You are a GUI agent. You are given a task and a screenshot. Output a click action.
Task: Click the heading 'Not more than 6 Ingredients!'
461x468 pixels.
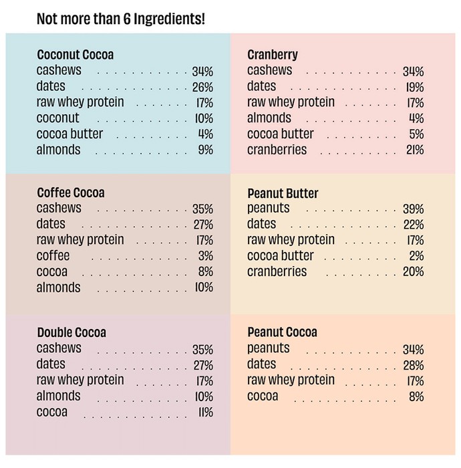point(121,19)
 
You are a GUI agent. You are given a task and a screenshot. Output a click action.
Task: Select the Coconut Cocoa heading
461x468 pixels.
point(75,55)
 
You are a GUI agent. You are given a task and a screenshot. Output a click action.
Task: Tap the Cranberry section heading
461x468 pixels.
point(273,55)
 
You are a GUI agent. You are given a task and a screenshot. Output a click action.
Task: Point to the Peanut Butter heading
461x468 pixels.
point(283,193)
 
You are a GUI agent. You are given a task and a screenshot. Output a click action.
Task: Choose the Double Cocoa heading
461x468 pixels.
point(71,332)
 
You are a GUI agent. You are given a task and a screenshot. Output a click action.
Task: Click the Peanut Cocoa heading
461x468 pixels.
point(282,332)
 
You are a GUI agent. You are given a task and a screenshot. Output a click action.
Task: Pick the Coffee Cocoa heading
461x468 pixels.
point(71,193)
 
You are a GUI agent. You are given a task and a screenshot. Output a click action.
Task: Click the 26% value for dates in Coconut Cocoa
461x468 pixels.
point(202,88)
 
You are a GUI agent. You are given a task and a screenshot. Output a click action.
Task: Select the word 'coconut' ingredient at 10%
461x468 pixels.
point(58,118)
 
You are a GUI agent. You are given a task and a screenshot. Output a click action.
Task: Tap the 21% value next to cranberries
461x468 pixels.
point(415,150)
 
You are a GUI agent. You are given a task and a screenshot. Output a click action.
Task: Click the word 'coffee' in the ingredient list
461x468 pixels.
point(53,256)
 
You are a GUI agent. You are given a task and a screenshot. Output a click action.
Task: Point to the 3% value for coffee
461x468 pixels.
point(206,256)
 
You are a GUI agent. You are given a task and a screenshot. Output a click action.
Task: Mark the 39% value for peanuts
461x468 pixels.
point(414,209)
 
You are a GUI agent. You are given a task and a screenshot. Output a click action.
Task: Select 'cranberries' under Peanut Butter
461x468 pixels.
point(277,271)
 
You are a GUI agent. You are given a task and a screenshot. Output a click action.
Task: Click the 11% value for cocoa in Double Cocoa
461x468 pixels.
point(206,413)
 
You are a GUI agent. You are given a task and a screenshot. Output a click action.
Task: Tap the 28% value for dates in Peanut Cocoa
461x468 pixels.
point(414,365)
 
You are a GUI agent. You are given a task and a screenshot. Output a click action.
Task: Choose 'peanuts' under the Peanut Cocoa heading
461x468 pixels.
point(269,348)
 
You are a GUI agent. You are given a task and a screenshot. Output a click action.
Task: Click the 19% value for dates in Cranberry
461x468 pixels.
point(415,88)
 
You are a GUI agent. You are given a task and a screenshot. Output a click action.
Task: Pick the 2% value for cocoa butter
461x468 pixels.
point(416,256)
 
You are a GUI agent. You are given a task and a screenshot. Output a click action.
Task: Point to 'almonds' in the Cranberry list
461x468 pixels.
point(269,118)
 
